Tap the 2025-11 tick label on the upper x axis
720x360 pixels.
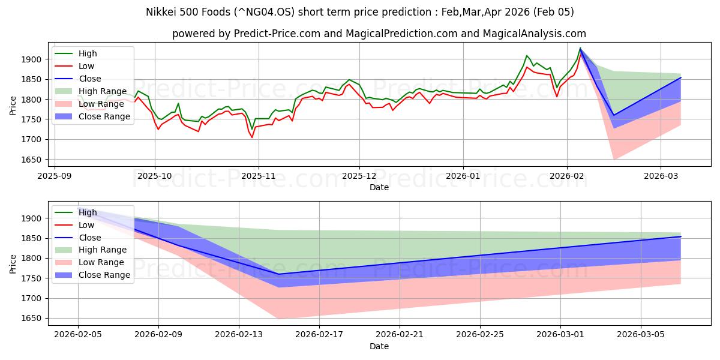click(x=258, y=176)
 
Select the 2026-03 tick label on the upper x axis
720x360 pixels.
click(x=660, y=176)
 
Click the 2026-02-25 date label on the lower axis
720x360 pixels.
click(x=480, y=334)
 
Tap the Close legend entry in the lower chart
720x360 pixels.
click(x=90, y=238)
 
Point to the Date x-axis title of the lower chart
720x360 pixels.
click(x=379, y=346)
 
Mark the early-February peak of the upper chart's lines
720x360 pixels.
click(x=580, y=48)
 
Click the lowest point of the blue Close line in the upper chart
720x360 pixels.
click(x=613, y=115)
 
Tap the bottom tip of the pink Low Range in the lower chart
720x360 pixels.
click(x=278, y=319)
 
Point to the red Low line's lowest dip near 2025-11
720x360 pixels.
click(x=252, y=137)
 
